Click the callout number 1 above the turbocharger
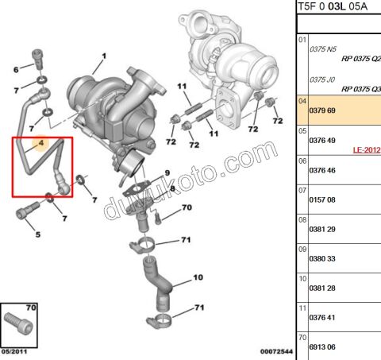pyautogui.click(x=103, y=56)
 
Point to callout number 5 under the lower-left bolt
pyautogui.click(x=37, y=234)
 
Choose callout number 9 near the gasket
pyautogui.click(x=167, y=173)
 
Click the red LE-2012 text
pyautogui.click(x=366, y=149)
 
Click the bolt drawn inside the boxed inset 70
pyautogui.click(x=17, y=326)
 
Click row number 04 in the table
pyautogui.click(x=302, y=102)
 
